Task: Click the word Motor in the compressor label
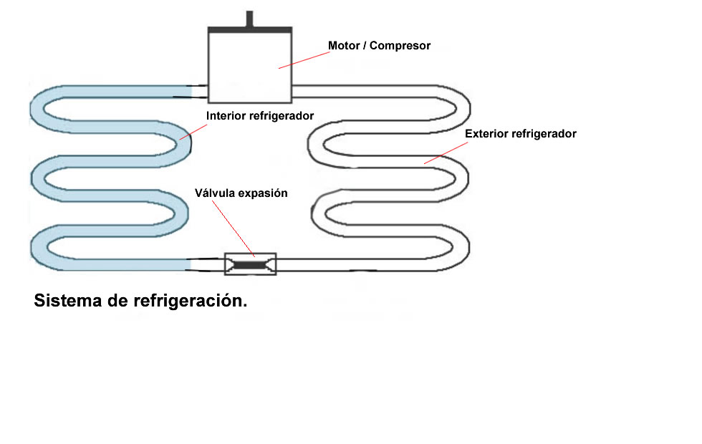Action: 343,46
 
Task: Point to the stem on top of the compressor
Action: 249,19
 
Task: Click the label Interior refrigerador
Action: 260,115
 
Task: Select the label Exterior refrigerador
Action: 521,134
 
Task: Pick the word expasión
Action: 263,193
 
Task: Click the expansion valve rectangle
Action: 250,264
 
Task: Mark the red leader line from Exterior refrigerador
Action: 446,153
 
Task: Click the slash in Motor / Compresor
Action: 365,46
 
